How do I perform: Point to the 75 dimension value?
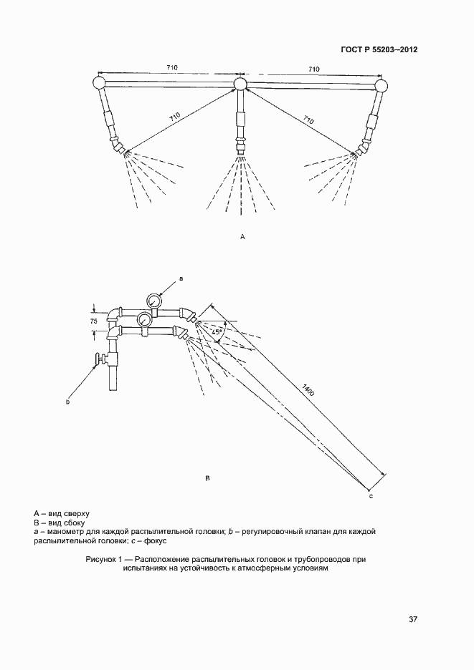[x=93, y=322]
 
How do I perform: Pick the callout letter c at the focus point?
[x=371, y=495]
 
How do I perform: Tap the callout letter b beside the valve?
[x=67, y=402]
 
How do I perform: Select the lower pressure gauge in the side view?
[x=144, y=319]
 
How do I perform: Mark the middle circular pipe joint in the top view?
[x=240, y=85]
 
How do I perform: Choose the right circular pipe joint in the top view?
[x=381, y=86]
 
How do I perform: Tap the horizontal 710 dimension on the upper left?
[x=171, y=68]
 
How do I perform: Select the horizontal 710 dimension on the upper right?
[x=313, y=69]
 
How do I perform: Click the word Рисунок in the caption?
[x=101, y=558]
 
